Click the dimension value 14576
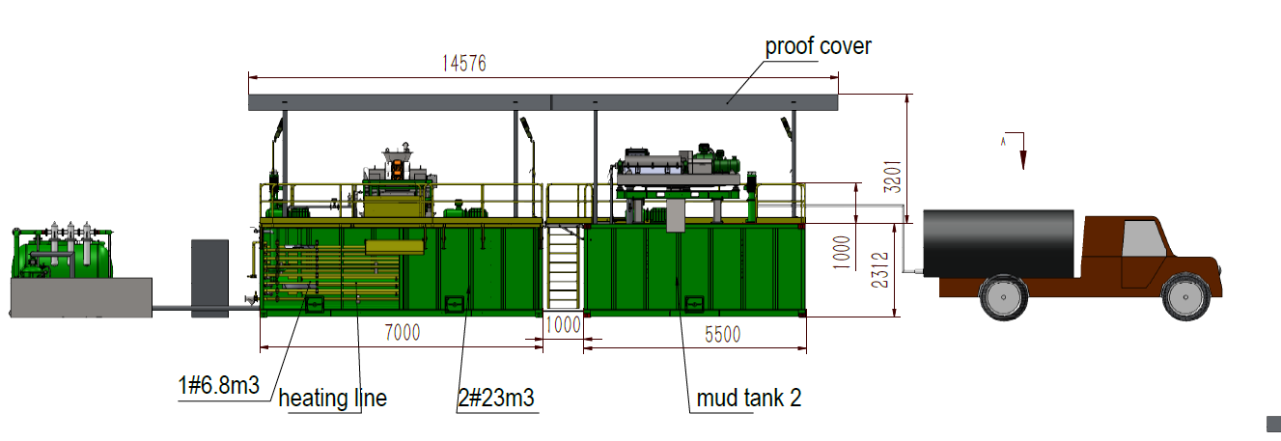464,64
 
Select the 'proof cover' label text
818,45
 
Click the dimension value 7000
402,333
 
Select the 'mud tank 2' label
748,397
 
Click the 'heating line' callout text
332,398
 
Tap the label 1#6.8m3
218,386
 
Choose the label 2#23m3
496,397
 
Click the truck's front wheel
1184,297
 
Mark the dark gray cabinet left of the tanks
209,277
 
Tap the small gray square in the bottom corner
1272,420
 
